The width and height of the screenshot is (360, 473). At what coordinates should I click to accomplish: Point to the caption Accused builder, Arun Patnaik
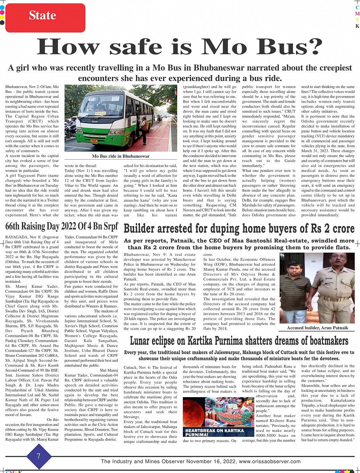point(318,328)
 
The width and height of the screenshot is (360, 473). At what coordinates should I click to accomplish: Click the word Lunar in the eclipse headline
point(142,340)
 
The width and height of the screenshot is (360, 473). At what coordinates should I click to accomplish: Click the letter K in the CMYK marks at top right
point(357,26)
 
